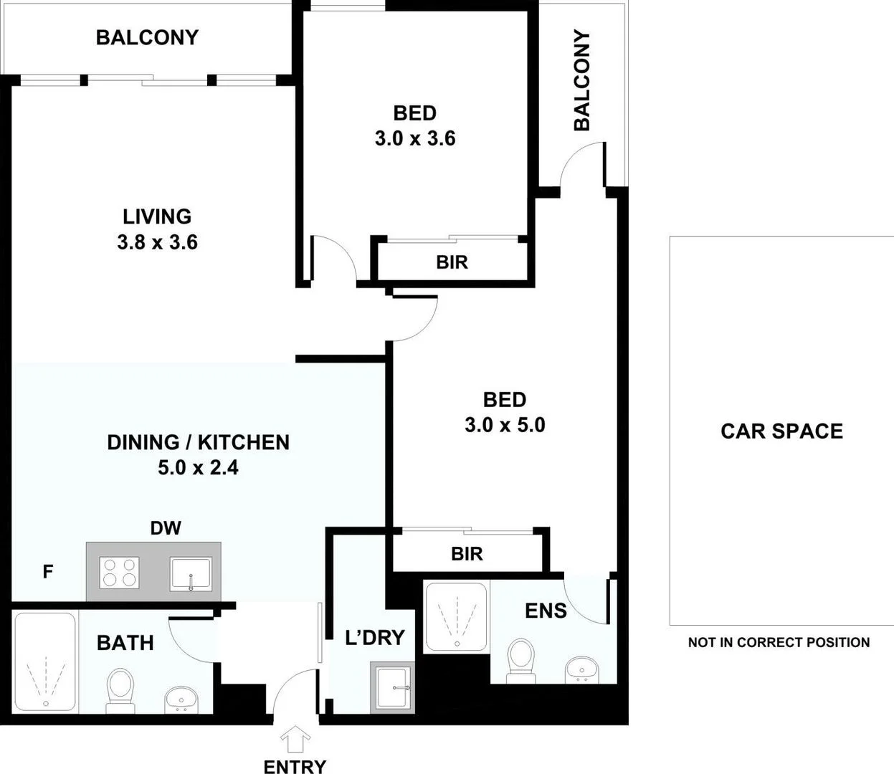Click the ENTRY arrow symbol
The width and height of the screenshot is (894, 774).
pyautogui.click(x=295, y=737)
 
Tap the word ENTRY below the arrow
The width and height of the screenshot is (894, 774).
pyautogui.click(x=295, y=766)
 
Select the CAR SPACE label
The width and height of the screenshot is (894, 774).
pyautogui.click(x=781, y=431)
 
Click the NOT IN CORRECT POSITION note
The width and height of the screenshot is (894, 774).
pyautogui.click(x=779, y=642)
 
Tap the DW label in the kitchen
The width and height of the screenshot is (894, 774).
pyautogui.click(x=166, y=528)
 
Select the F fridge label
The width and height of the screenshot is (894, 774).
pyautogui.click(x=48, y=572)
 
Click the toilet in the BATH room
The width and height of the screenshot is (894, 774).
pyautogui.click(x=118, y=690)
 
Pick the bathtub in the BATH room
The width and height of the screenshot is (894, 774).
pyautogui.click(x=44, y=661)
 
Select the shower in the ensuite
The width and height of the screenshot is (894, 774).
pyautogui.click(x=456, y=616)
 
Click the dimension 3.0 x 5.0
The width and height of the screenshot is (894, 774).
pyautogui.click(x=505, y=425)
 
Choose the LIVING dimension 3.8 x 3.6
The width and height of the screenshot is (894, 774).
pyautogui.click(x=157, y=242)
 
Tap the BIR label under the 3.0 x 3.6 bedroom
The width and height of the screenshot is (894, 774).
pyautogui.click(x=452, y=262)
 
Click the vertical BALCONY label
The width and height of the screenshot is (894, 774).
pyautogui.click(x=581, y=80)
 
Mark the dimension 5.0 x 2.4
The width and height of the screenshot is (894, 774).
pyautogui.click(x=198, y=468)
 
